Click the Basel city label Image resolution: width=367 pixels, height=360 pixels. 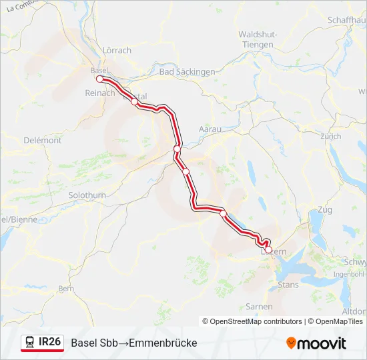click(98, 70)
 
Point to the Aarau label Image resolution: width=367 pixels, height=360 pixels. click(210, 129)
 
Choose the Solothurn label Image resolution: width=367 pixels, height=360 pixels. click(87, 195)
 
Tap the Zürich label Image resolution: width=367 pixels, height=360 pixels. click(330, 137)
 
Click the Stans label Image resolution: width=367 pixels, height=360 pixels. click(288, 284)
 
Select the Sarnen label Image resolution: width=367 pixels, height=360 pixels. click(259, 307)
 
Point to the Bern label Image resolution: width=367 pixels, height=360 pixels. click(66, 289)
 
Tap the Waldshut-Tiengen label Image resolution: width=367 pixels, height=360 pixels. click(256, 39)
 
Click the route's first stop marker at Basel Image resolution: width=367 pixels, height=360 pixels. click(99, 79)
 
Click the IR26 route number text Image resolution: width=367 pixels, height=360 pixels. click(50, 342)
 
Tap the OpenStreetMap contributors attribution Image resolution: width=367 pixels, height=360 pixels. click(256, 321)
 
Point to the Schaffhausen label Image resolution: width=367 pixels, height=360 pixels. click(346, 20)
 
